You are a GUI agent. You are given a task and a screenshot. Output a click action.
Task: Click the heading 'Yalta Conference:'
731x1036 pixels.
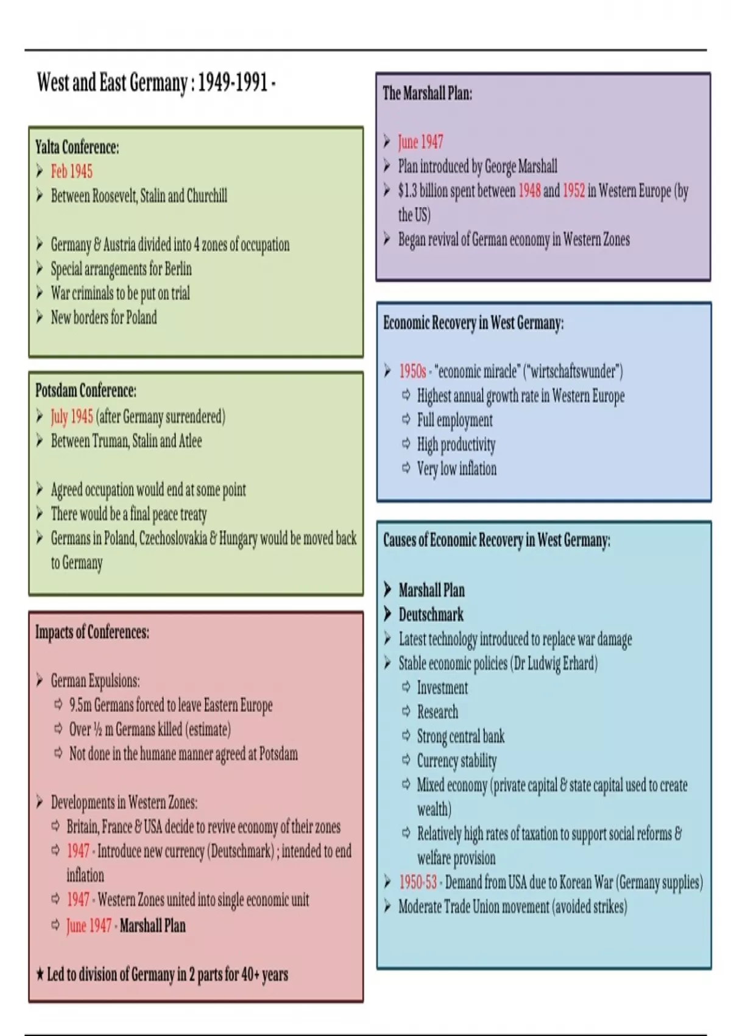click(77, 147)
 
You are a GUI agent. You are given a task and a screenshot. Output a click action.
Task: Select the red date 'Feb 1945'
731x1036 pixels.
click(71, 171)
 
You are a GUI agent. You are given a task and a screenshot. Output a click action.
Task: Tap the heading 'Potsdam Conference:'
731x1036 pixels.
click(86, 390)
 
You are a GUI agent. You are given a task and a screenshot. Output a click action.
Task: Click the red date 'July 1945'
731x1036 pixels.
click(72, 417)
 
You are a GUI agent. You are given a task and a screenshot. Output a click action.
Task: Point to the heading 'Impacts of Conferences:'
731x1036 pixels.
click(92, 632)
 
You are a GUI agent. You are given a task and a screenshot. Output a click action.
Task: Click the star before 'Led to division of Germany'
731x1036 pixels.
click(40, 974)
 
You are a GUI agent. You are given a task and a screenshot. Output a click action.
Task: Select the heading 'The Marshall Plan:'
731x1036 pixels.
click(427, 93)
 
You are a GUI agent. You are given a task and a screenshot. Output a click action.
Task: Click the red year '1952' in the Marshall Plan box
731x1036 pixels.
click(573, 191)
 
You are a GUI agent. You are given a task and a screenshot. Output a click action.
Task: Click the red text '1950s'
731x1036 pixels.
click(412, 371)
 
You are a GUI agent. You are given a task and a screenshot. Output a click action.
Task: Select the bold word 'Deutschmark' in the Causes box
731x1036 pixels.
click(431, 614)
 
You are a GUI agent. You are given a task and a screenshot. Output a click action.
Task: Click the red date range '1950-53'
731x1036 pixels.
click(418, 882)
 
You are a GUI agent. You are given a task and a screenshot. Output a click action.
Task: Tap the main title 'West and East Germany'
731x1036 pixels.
click(112, 82)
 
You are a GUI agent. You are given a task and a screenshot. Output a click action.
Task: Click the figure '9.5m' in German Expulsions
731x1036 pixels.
click(80, 705)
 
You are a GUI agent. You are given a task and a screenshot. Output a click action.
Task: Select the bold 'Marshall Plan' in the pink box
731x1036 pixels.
click(152, 926)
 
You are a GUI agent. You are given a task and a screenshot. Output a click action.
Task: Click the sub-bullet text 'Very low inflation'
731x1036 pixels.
click(456, 469)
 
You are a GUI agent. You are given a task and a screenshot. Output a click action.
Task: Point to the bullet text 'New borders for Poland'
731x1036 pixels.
click(104, 318)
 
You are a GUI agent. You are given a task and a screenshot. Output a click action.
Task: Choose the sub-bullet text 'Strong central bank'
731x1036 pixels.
click(461, 736)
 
